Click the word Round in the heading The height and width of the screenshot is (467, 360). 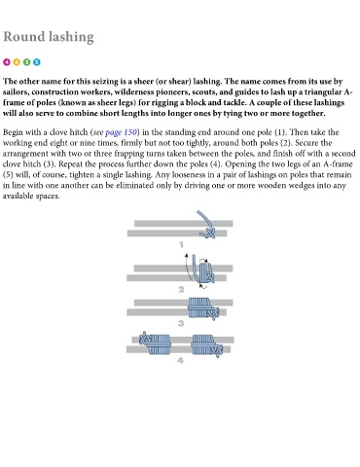click(24, 36)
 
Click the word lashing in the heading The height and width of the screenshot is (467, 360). click(71, 37)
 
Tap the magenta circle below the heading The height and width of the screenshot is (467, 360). click(7, 62)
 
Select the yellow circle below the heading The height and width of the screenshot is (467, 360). click(17, 62)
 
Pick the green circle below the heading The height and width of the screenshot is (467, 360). click(26, 62)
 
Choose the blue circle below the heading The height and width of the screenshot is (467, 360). click(37, 62)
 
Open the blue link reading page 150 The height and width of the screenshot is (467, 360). click(121, 132)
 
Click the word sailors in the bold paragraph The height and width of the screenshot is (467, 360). click(16, 92)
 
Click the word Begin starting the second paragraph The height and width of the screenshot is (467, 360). click(13, 132)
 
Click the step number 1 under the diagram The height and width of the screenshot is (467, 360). click(181, 244)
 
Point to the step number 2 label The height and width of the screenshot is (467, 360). click(181, 289)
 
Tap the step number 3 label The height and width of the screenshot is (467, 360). click(181, 323)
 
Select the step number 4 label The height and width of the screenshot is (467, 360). click(181, 360)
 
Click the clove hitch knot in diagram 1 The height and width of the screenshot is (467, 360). click(208, 233)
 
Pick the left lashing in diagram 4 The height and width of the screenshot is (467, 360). click(155, 343)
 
